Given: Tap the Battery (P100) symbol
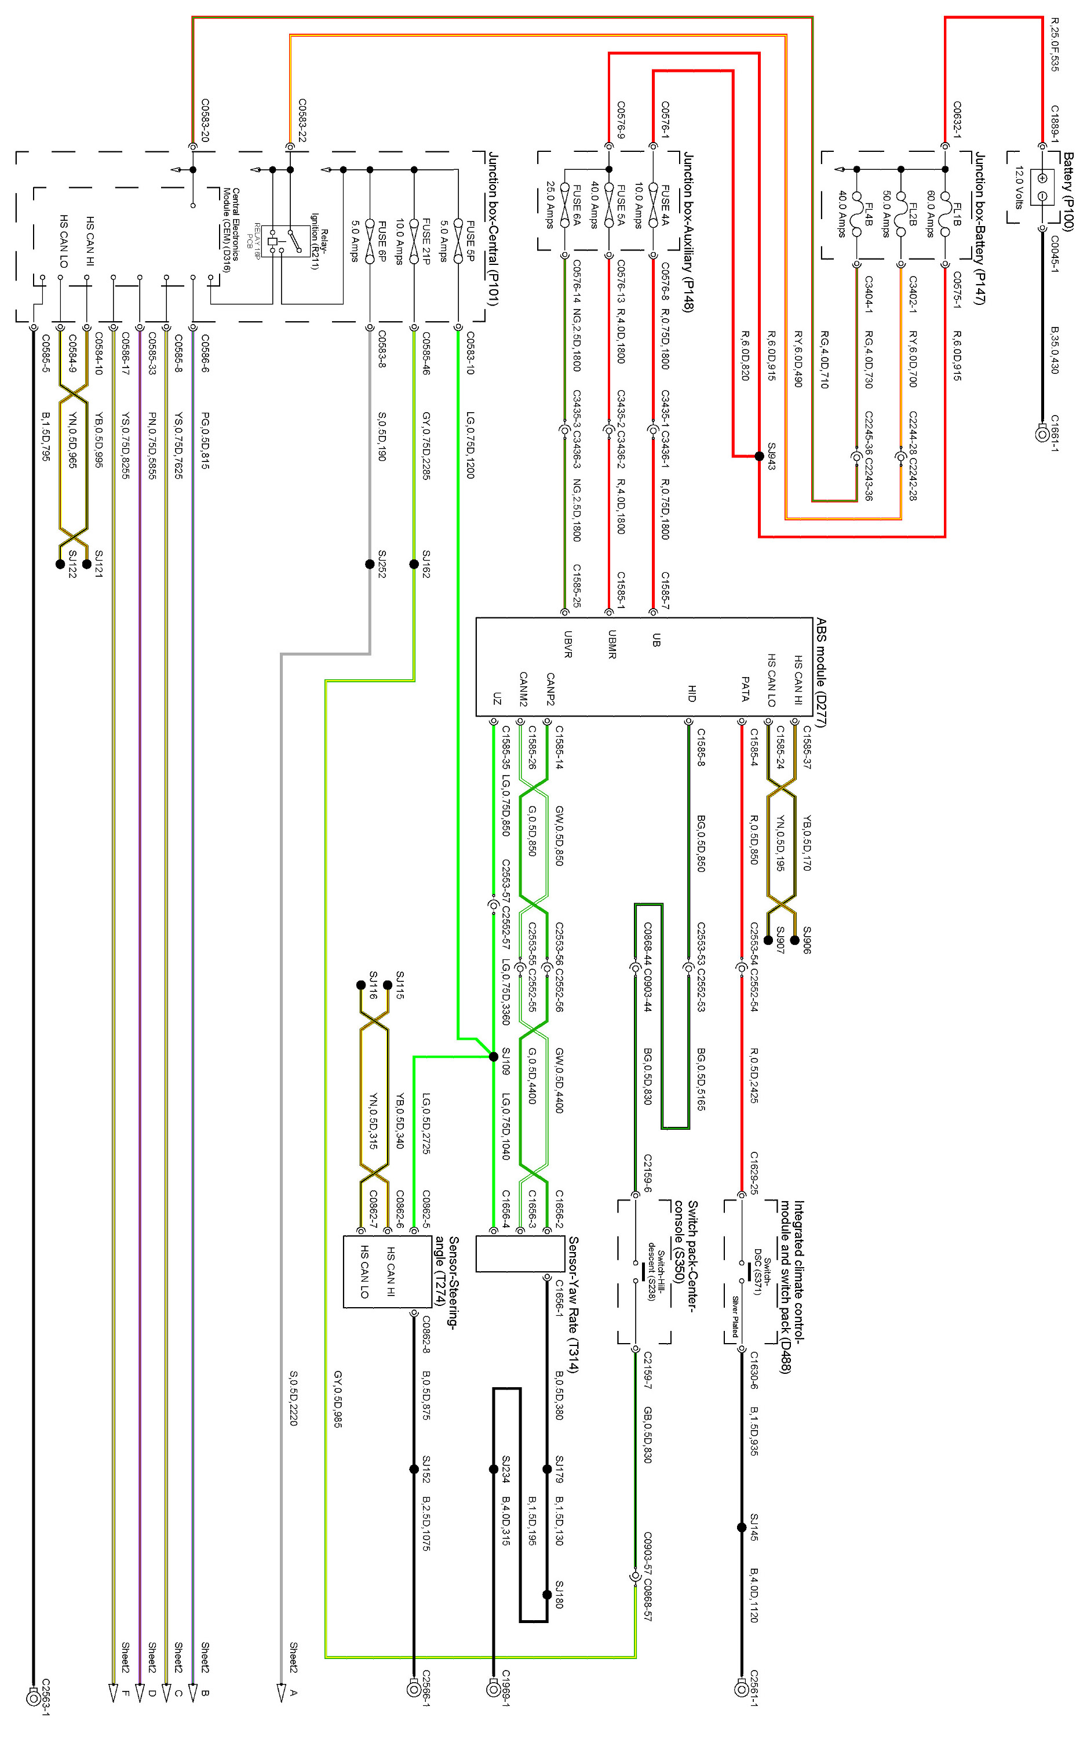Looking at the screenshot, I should click(1042, 187).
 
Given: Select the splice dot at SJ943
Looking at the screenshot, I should click(759, 456).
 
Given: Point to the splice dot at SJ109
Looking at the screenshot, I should click(493, 1057).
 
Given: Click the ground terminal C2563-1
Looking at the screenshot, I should click(33, 1698).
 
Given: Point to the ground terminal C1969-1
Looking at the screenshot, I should click(493, 1688).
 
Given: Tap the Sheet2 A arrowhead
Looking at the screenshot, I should click(281, 1693).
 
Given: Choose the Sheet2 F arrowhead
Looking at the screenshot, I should click(113, 1693).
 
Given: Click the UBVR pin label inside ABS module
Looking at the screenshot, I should click(568, 643).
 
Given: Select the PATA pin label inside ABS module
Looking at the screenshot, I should click(745, 688).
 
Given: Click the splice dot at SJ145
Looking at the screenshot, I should click(741, 1527).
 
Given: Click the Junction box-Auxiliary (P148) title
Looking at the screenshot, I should click(688, 232).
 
